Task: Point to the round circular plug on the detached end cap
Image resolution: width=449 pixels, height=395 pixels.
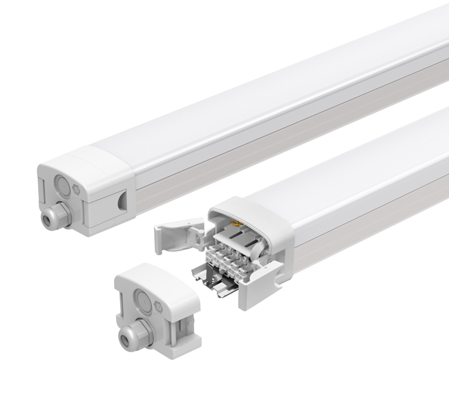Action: pos(143,300)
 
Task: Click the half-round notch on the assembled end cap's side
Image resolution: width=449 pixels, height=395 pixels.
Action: pos(123,201)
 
